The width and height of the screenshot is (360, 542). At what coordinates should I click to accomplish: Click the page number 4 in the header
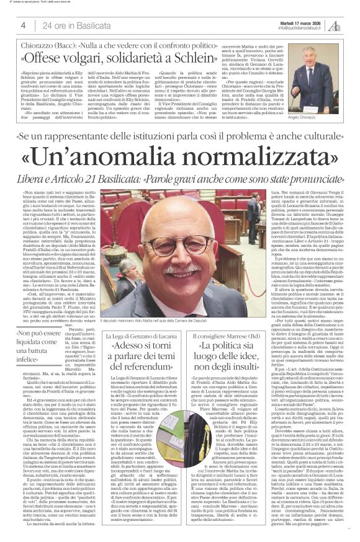click(22, 25)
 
